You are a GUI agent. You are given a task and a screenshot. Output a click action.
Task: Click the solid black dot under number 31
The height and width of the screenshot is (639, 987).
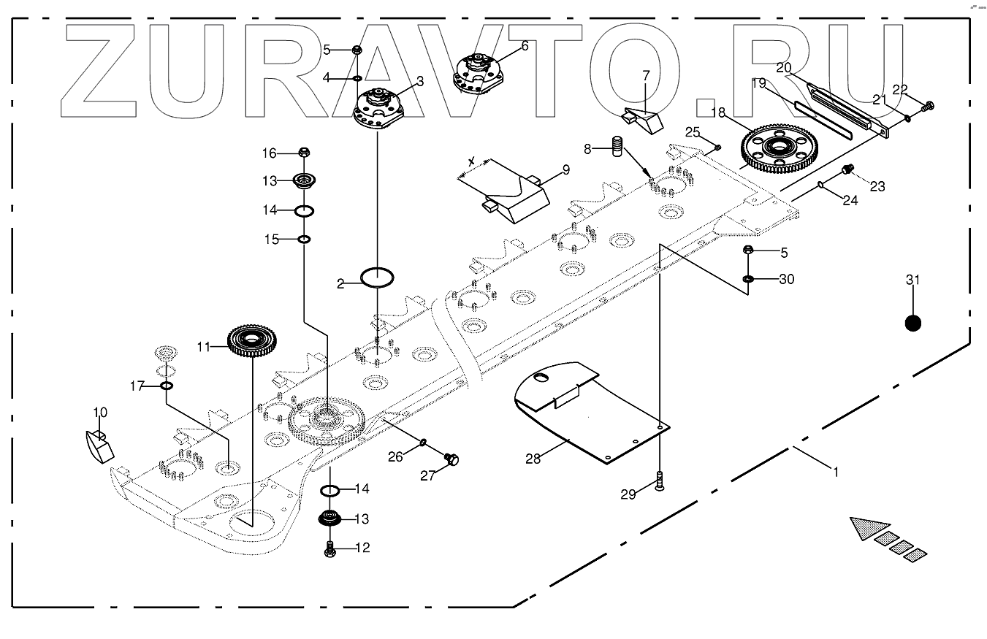click(x=912, y=323)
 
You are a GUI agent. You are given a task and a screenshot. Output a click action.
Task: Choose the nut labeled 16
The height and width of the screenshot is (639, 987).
click(x=305, y=153)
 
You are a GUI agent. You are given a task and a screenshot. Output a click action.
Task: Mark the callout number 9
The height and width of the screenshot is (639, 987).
click(x=566, y=171)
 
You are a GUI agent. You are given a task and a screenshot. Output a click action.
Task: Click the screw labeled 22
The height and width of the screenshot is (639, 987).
click(x=927, y=106)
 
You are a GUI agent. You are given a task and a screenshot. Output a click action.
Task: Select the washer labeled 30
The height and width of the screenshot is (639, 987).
click(x=748, y=279)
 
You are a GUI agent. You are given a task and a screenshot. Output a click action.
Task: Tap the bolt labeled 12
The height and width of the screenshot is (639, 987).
click(x=329, y=548)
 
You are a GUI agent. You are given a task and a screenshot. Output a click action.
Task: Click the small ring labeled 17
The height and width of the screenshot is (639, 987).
click(x=167, y=386)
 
